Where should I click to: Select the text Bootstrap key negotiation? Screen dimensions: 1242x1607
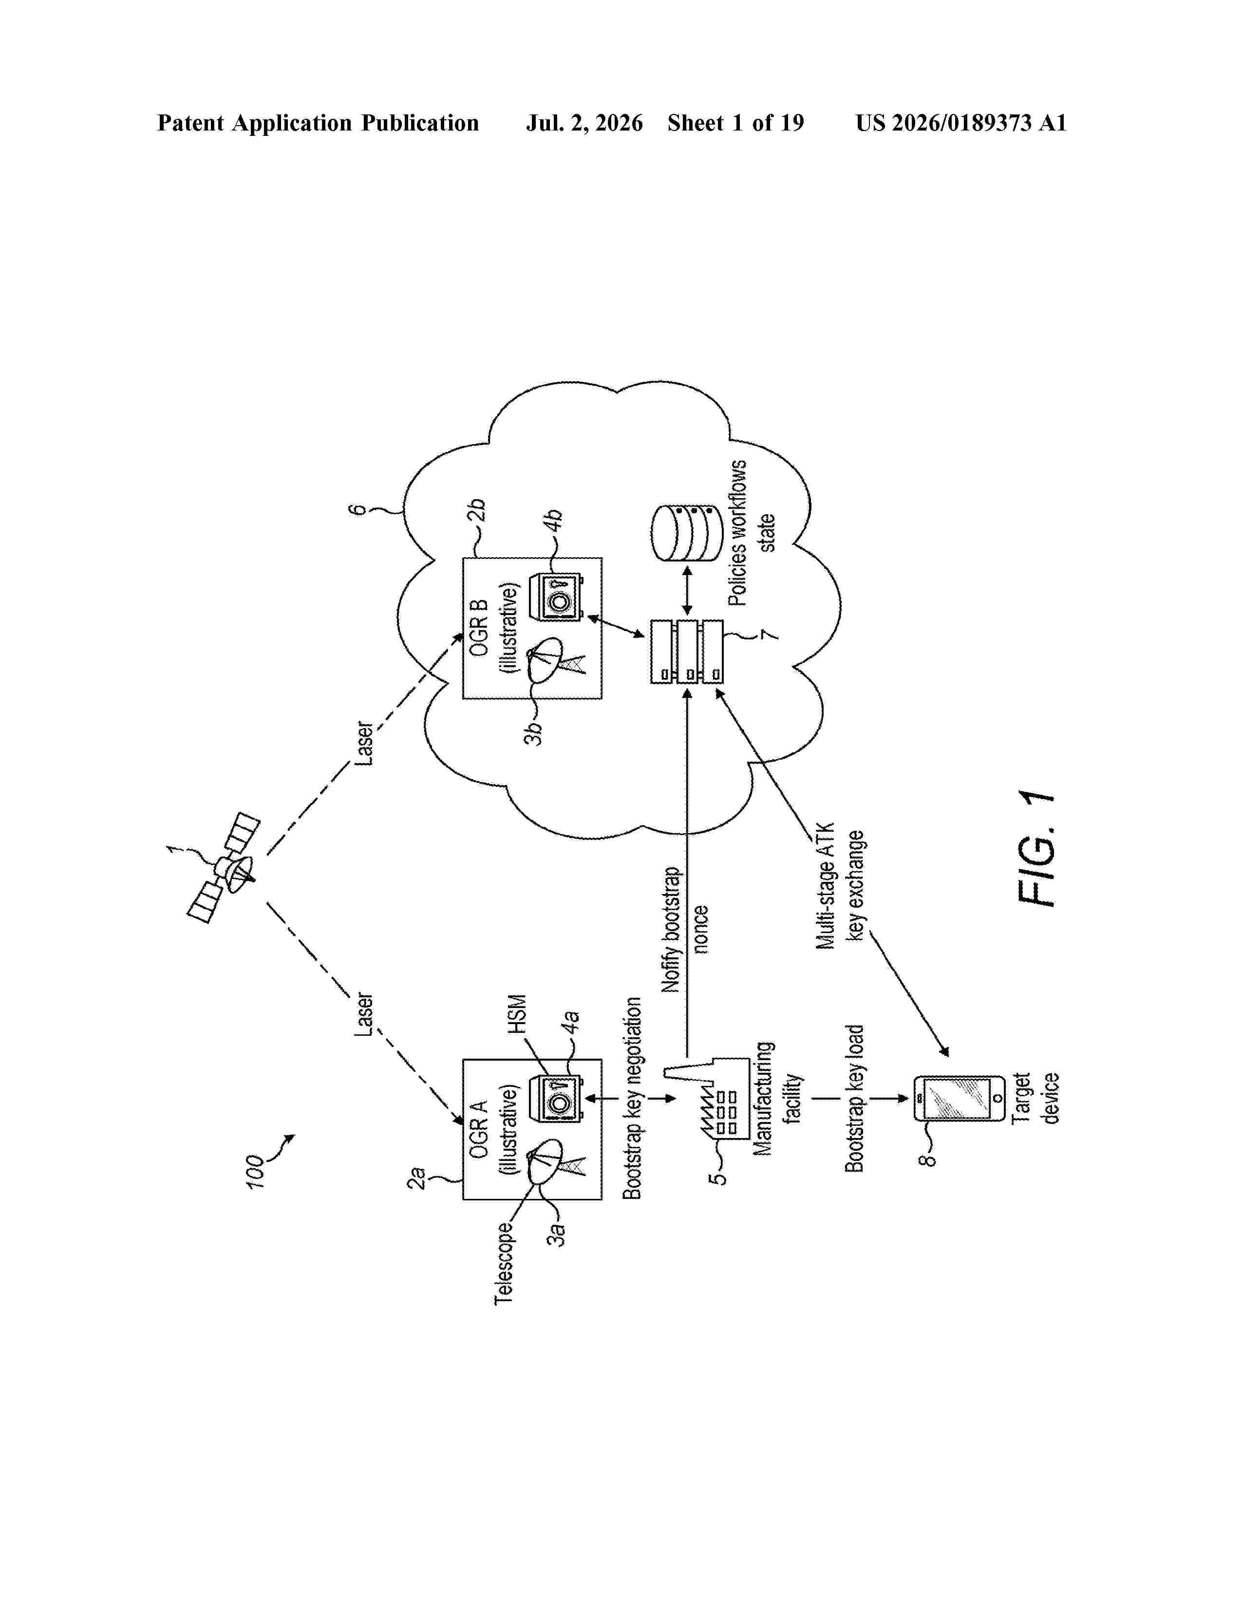tap(632, 1098)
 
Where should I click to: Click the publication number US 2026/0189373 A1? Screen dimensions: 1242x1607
tap(961, 123)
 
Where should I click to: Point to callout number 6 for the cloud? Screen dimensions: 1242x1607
tap(357, 508)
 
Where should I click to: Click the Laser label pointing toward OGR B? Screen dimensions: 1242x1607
tap(364, 744)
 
